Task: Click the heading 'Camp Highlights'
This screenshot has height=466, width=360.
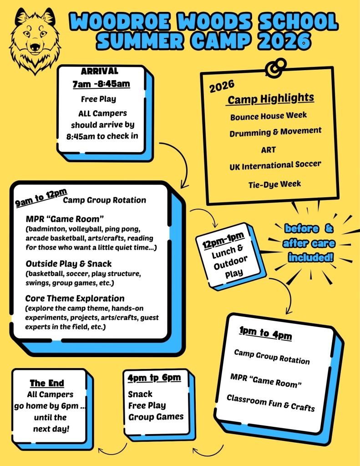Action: click(270, 98)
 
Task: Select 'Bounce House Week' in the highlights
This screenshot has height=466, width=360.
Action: click(268, 116)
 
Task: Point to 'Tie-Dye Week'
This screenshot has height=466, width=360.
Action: click(274, 184)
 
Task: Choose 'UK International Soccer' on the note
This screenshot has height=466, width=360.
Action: click(275, 165)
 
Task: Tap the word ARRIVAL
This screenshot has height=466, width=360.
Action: click(99, 72)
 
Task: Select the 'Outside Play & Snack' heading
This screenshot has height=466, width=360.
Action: click(69, 264)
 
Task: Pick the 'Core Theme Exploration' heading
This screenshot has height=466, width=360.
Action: click(75, 299)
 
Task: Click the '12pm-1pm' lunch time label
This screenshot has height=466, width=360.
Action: click(223, 241)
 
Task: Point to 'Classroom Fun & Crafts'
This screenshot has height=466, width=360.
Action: click(270, 402)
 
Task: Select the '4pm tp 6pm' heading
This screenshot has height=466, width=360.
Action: click(154, 378)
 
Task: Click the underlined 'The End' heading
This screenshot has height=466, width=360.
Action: click(47, 383)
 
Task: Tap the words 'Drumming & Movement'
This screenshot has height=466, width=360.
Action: click(275, 133)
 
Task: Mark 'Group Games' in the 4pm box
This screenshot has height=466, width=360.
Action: click(156, 416)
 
